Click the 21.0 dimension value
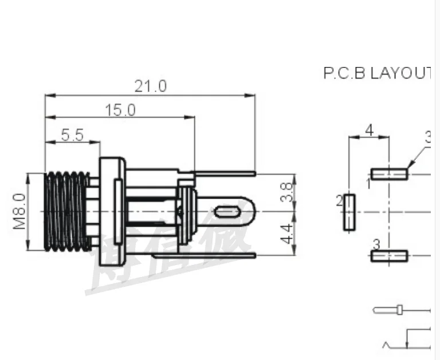point(150,86)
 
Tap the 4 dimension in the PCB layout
point(369,130)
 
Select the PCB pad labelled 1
point(390,174)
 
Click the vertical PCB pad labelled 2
point(349,212)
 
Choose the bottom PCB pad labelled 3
point(390,256)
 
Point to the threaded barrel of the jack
point(67,212)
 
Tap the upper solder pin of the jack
point(223,172)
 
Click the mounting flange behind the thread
point(112,212)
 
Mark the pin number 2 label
point(339,200)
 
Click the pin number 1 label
point(368,184)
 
